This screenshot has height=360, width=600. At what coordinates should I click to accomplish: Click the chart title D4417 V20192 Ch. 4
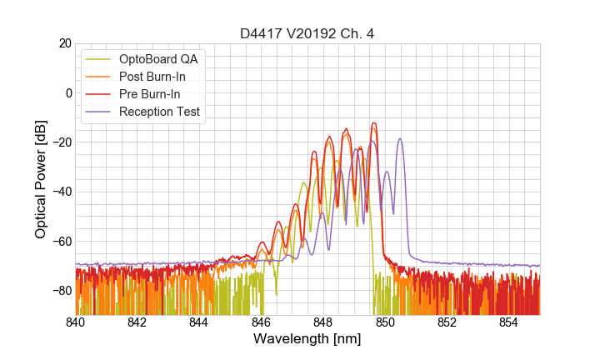tap(307, 34)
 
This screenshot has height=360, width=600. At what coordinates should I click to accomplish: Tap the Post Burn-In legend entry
tap(152, 77)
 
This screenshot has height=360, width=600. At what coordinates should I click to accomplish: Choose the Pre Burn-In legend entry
tap(149, 94)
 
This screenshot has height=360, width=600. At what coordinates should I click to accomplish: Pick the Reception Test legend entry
tap(158, 112)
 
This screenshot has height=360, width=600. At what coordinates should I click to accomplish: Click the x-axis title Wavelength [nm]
tap(307, 339)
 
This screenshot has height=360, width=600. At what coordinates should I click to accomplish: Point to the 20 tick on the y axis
tap(62, 43)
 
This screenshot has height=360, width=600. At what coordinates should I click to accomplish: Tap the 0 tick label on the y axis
tap(67, 92)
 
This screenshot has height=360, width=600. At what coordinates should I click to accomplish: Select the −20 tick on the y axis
tap(60, 142)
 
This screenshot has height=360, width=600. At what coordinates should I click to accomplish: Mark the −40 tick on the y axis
tap(60, 192)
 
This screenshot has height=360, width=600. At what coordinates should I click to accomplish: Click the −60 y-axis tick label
tap(60, 241)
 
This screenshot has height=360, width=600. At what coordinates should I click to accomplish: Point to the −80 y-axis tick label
tap(60, 290)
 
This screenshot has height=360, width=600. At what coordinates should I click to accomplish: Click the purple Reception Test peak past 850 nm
tap(401, 139)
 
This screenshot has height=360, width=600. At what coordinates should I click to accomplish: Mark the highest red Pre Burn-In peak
tap(374, 123)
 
